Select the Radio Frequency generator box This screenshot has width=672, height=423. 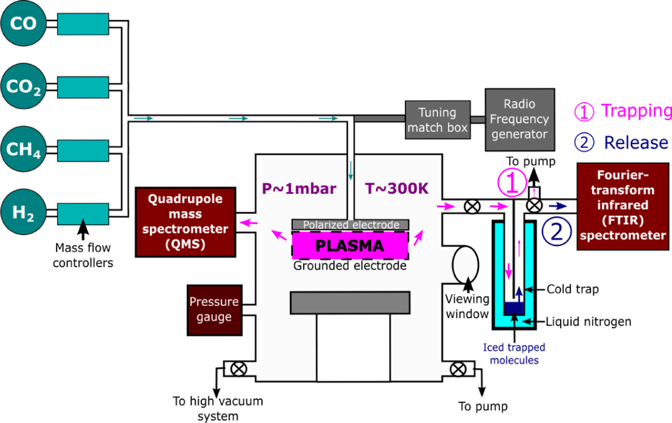pos(520,119)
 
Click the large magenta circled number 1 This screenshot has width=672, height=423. pos(514,183)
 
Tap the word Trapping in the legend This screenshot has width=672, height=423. pos(635,111)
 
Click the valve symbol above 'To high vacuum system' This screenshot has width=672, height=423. pos(238,370)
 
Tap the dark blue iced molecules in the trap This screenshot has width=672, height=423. pos(514,308)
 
